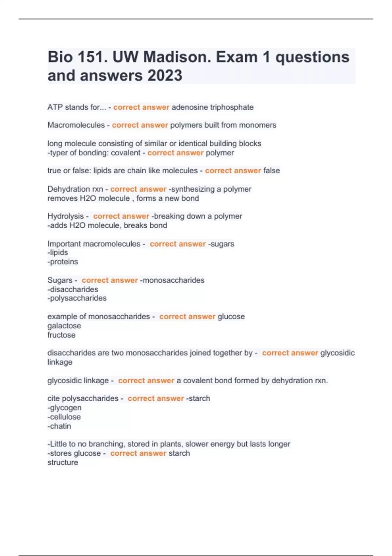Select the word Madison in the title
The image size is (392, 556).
point(177,57)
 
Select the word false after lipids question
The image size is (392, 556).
point(271,171)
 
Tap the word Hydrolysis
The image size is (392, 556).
point(66,217)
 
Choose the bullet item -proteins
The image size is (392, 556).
point(63,262)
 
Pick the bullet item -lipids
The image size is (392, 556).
point(58,252)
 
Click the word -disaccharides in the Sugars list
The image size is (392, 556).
point(73,289)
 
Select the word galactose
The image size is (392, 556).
point(64,326)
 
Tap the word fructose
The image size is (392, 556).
point(61,335)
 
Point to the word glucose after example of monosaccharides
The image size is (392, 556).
point(231,317)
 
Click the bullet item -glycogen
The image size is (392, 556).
point(64,408)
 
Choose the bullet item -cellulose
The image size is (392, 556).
point(64,417)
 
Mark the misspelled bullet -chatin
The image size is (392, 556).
point(59,426)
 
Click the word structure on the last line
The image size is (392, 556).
point(63,462)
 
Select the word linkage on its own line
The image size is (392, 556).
point(60,362)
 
